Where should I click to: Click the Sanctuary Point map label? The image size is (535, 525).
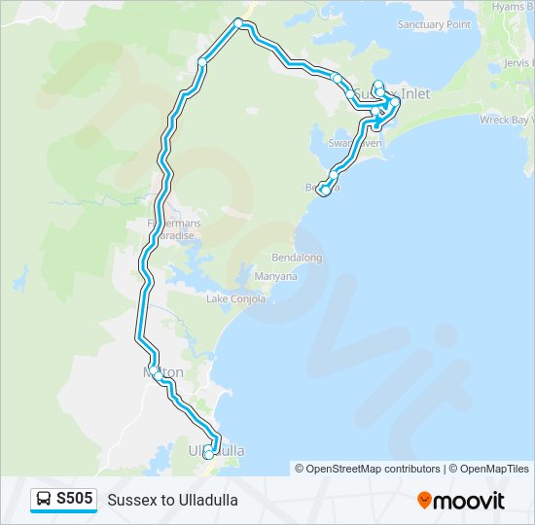click(x=434, y=24)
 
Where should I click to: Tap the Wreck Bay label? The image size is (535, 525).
click(x=507, y=120)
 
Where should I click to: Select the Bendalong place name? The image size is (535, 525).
click(x=297, y=259)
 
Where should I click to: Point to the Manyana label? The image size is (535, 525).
click(x=275, y=276)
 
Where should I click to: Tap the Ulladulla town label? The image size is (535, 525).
click(x=216, y=451)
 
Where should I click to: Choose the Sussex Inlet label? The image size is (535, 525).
click(x=393, y=93)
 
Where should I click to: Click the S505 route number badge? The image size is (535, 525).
click(x=75, y=499)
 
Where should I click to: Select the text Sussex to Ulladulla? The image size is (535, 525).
click(x=172, y=500)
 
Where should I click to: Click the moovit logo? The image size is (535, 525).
click(x=461, y=501)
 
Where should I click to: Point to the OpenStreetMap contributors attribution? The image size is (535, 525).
click(x=368, y=469)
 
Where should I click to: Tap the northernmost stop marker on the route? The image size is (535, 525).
click(x=238, y=22)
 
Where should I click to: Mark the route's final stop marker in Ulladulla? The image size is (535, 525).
click(x=208, y=454)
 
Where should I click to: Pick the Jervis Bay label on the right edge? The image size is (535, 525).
click(x=517, y=61)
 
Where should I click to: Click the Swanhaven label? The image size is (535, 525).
click(x=355, y=142)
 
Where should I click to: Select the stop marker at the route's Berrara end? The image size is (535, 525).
click(x=322, y=189)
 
